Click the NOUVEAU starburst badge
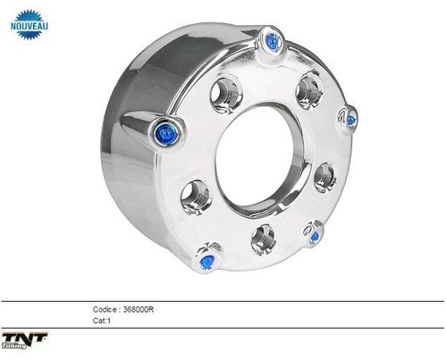tap(29, 25)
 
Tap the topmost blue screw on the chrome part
tap(273, 40)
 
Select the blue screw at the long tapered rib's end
tap(166, 135)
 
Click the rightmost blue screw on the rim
tap(350, 120)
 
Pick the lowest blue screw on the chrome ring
tap(207, 262)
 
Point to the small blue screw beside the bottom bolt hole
tap(314, 237)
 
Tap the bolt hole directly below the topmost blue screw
tap(309, 91)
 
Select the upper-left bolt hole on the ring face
tap(226, 96)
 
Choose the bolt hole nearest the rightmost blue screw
tap(325, 177)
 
